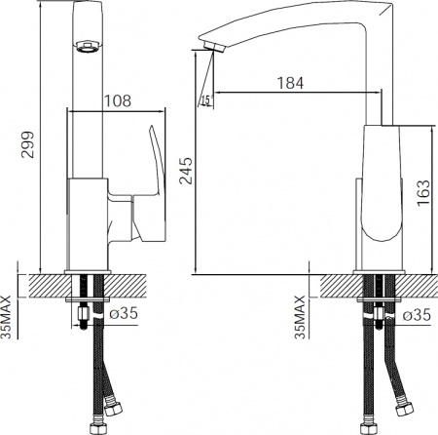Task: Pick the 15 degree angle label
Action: tap(205, 101)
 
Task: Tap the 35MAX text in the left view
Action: tap(8, 317)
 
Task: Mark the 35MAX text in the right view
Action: tap(300, 317)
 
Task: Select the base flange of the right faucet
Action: tap(382, 270)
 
